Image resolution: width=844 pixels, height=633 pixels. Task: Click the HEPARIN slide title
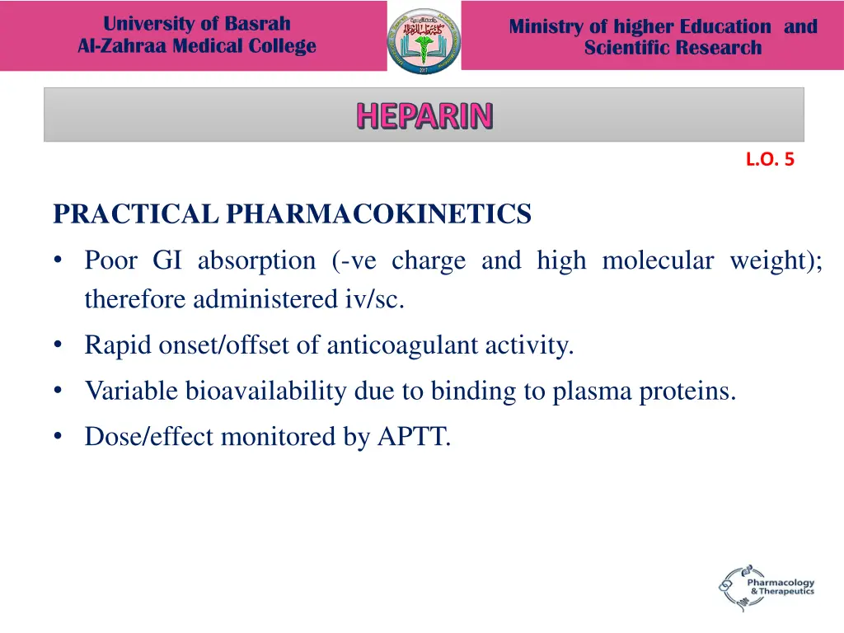[424, 116]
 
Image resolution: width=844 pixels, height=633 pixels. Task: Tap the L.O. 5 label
[769, 161]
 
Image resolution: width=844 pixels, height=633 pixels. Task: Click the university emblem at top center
[424, 40]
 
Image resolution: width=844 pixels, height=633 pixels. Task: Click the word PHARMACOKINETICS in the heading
[379, 215]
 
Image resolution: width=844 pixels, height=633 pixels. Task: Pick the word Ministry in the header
[544, 26]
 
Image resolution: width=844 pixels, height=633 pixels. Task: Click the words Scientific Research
[673, 48]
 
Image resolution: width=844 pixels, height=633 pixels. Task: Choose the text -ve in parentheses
[355, 261]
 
